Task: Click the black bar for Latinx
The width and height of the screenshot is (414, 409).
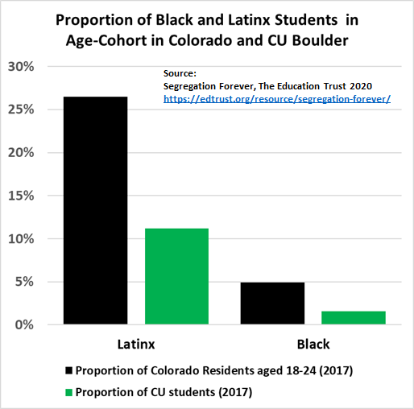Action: pos(96,210)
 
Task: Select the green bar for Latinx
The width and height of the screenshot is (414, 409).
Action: pos(176,276)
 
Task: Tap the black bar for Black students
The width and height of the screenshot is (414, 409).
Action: pos(272,304)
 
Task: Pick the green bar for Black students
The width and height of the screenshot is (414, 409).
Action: pos(354,318)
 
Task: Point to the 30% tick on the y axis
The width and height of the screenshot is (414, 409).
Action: pos(21,67)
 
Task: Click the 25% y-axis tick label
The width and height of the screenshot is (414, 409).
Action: pos(21,109)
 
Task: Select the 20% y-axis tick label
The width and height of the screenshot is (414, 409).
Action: pos(21,153)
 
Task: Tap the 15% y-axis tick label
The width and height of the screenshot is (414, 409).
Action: pos(21,196)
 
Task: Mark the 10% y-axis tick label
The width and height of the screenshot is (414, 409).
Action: pos(21,238)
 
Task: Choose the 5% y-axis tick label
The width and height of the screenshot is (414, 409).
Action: pos(24,282)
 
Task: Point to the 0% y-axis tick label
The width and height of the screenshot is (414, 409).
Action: pos(24,324)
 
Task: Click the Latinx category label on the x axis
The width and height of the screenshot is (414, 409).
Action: pos(136,345)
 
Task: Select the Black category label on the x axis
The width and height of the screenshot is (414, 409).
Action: pos(313,345)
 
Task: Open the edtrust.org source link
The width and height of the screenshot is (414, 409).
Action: pos(277,99)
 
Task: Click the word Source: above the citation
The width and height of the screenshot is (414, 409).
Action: pos(180,73)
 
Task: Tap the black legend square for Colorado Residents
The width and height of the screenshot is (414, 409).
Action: pos(68,370)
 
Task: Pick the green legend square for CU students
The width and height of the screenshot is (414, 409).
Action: pos(68,392)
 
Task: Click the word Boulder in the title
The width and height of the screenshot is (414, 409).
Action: pos(320,40)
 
